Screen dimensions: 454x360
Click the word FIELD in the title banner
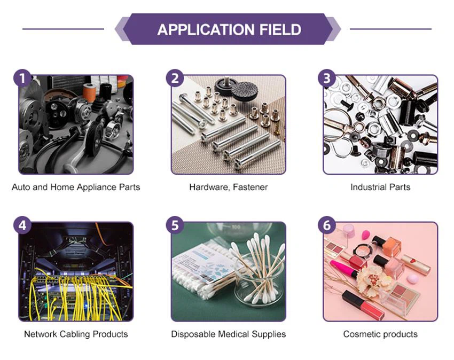tap(280, 29)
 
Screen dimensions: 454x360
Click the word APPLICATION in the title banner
tap(206, 29)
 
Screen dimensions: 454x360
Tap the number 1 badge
tap(22, 78)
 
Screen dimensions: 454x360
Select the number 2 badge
tap(175, 78)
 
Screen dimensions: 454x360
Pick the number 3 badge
tap(327, 78)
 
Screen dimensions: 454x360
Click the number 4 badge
tap(22, 225)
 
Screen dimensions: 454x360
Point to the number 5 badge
tap(175, 225)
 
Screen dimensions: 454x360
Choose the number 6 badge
tap(327, 225)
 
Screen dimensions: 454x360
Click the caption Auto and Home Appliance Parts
tap(76, 187)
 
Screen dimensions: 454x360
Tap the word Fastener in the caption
tap(250, 187)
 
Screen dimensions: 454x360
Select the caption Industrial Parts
tap(380, 187)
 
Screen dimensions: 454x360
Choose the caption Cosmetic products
tap(380, 334)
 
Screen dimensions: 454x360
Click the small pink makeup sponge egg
tap(412, 279)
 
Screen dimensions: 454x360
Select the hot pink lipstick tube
tap(345, 268)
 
